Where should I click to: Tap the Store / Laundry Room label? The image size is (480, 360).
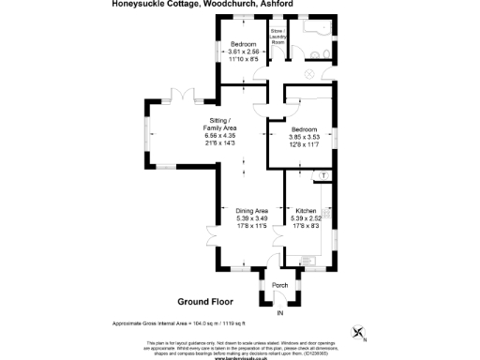[277, 38]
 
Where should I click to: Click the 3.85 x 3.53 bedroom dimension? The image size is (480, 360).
[303, 138]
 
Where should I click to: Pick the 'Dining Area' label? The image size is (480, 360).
[251, 211]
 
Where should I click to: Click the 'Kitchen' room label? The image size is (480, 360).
[307, 211]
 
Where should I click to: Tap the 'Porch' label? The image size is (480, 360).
[279, 284]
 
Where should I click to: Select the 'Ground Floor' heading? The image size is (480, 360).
[203, 303]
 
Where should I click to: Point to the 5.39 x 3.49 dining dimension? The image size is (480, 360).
[251, 219]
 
